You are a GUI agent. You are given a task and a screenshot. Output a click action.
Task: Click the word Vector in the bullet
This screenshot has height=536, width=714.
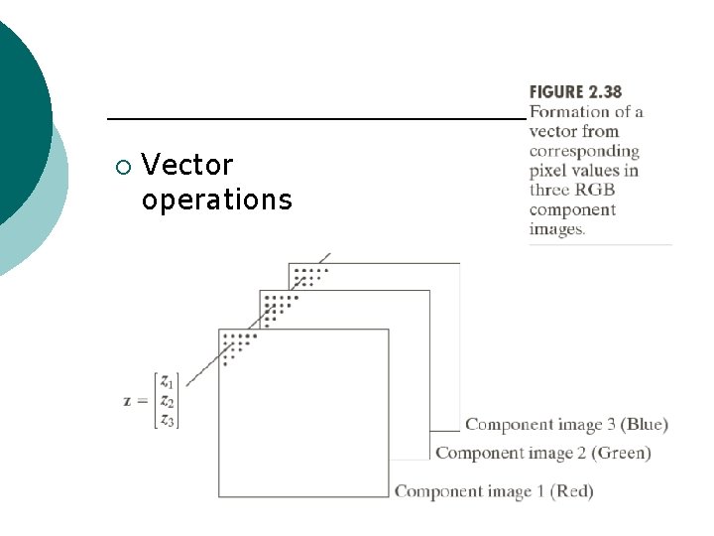pos(187,164)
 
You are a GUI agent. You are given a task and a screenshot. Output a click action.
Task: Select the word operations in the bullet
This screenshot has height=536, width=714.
pos(216,200)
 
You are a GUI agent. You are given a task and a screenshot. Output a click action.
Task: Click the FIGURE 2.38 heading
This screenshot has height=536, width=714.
pos(576,92)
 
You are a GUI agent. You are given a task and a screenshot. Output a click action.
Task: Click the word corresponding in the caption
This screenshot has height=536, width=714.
pos(584,151)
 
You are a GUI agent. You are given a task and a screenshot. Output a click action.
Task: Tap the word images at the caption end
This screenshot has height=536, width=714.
pos(557,228)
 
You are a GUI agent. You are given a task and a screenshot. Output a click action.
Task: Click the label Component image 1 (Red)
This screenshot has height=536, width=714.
pos(494,491)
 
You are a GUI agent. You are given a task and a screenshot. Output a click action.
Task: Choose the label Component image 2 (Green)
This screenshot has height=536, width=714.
pos(543,454)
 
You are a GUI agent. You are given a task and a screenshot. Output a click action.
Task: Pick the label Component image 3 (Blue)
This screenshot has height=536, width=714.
pos(566,425)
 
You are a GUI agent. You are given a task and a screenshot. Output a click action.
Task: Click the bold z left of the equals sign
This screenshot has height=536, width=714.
pos(127,401)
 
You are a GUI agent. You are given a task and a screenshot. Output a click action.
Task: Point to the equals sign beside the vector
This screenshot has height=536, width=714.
pos(143,401)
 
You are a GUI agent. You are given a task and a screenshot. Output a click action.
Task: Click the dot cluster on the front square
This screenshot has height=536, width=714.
pos(237,345)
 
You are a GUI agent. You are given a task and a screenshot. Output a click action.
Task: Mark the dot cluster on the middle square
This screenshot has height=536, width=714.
pos(279,306)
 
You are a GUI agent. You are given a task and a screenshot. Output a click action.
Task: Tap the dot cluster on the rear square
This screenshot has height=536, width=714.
pos(310,275)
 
